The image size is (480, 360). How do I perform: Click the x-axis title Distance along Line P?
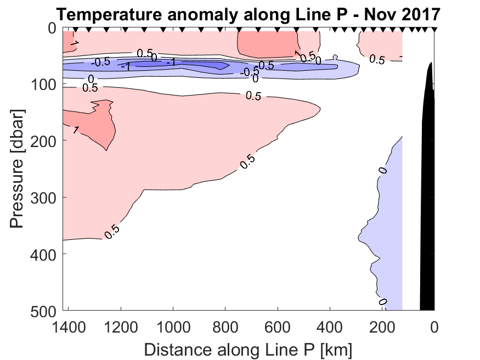point(248,349)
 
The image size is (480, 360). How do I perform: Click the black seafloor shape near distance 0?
point(427,192)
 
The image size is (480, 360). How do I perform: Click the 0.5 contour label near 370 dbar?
point(112,232)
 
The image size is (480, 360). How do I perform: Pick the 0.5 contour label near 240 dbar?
point(248,161)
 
